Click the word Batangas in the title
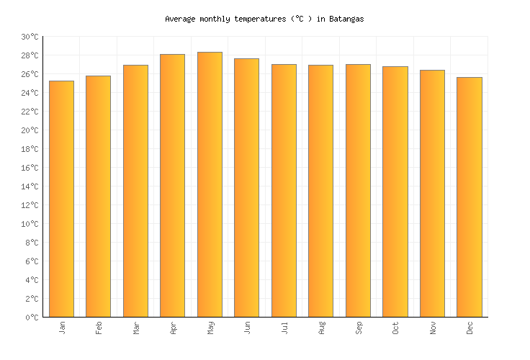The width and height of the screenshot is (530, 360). [x=347, y=19]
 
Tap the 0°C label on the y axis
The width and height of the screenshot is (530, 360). [x=32, y=318]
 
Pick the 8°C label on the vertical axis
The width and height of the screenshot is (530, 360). [x=32, y=243]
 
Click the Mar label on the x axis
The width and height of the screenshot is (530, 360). [x=136, y=328]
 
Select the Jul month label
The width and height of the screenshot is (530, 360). [x=284, y=328]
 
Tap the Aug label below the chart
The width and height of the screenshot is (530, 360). [x=321, y=328]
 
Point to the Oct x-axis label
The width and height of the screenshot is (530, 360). [x=395, y=328]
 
